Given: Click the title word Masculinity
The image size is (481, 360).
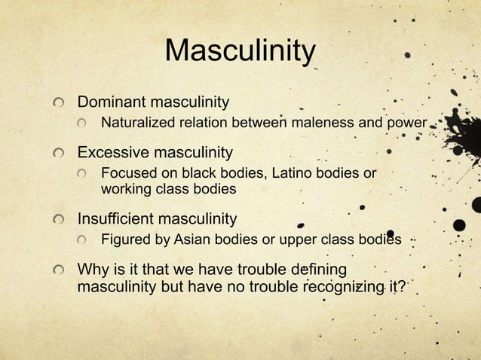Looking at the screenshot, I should [x=240, y=52].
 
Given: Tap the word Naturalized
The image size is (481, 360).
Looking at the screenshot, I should [x=139, y=123].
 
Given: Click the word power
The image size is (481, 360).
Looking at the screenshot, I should [x=407, y=123].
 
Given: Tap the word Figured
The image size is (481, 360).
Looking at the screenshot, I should [x=126, y=240].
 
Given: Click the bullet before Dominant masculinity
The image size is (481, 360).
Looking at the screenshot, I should [x=60, y=102].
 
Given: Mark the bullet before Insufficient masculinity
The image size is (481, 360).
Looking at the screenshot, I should [x=60, y=220].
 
